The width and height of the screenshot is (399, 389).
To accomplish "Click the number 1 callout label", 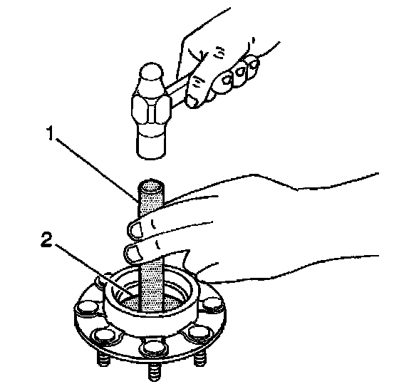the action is click(x=51, y=133).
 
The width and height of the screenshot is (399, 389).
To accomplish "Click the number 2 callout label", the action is click(x=46, y=240).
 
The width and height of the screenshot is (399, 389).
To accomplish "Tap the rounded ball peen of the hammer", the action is click(x=151, y=72).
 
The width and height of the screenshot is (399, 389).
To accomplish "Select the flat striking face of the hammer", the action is click(x=150, y=147).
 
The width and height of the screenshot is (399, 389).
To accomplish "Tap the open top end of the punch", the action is click(x=150, y=187).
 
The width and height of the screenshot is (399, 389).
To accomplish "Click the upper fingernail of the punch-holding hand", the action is click(x=135, y=229).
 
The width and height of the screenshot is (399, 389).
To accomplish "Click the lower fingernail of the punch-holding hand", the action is click(x=132, y=254).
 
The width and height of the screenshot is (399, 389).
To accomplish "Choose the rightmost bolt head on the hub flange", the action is click(x=213, y=304).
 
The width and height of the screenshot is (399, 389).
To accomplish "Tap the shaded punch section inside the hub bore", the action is click(x=152, y=285).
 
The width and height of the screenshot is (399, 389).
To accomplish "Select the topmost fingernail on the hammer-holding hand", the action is click(x=254, y=63).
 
